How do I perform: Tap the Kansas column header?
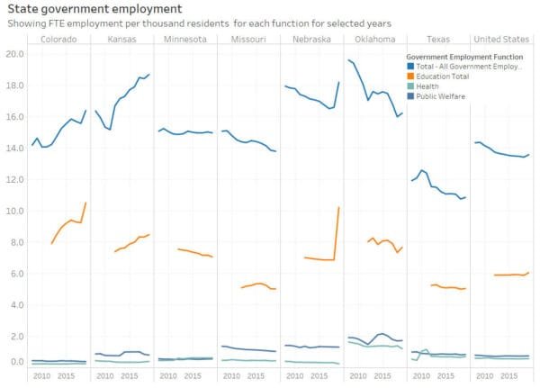coord(121,40)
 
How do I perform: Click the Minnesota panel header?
coord(185,40)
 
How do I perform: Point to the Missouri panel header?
coord(248,40)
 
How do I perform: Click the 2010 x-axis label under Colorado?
coord(41,375)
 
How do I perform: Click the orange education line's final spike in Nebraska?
coord(337,216)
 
